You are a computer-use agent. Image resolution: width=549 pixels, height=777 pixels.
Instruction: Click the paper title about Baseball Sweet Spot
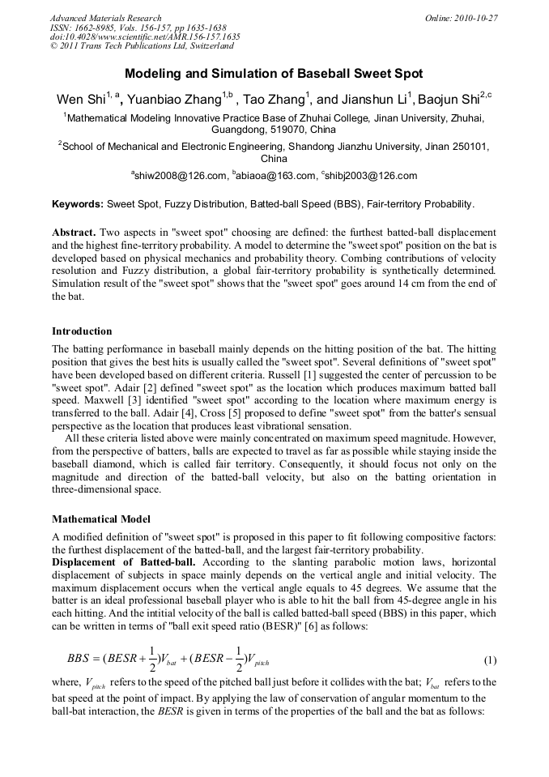pyautogui.click(x=274, y=74)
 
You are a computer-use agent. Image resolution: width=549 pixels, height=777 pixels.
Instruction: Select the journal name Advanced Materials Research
pyautogui.click(x=105, y=18)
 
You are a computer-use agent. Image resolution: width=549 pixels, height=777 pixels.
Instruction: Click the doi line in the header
pyautogui.click(x=145, y=37)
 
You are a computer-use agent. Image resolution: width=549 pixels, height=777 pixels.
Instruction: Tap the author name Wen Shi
pyautogui.click(x=81, y=100)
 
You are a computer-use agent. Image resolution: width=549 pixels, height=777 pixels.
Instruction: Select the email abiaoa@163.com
pyautogui.click(x=276, y=176)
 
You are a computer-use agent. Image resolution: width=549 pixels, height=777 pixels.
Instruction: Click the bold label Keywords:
pyautogui.click(x=78, y=204)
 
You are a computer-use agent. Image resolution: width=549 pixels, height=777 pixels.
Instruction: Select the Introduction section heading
pyautogui.click(x=82, y=331)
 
